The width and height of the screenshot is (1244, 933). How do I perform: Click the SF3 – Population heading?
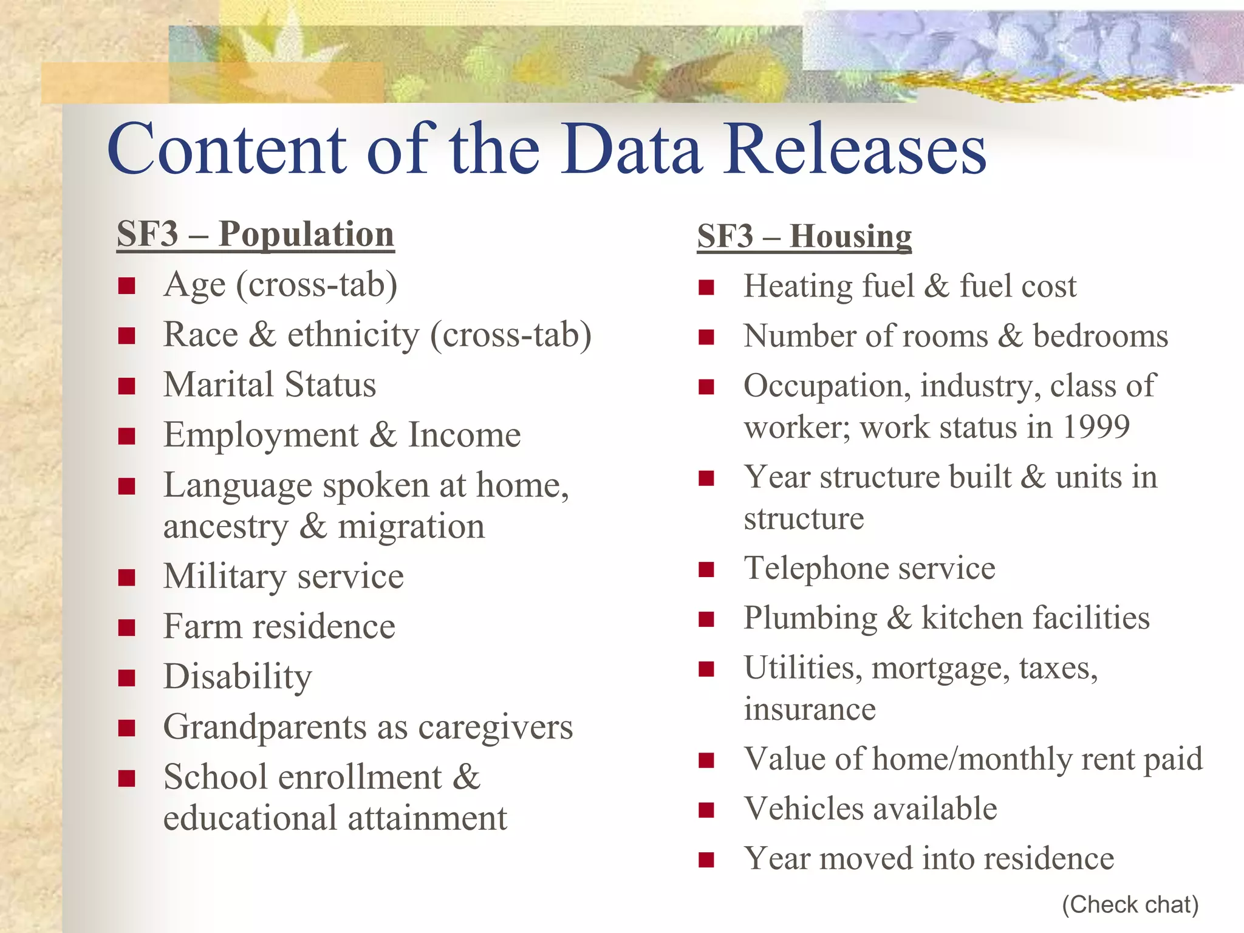[255, 234]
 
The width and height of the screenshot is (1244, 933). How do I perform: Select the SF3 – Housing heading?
[804, 236]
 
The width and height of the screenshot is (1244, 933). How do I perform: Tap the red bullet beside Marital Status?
[126, 386]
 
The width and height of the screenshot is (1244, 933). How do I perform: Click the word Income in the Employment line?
[464, 435]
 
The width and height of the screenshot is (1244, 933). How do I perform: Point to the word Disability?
[238, 677]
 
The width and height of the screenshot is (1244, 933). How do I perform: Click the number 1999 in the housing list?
[1096, 426]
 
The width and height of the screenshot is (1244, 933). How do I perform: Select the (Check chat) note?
[1130, 904]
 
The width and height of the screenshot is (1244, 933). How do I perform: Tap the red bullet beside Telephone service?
[706, 569]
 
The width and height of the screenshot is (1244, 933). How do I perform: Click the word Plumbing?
[810, 618]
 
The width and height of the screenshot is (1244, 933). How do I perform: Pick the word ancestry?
[225, 527]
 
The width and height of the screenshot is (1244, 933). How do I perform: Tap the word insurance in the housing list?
[810, 709]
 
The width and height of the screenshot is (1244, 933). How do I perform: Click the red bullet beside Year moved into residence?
[706, 860]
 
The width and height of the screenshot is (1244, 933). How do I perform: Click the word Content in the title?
[227, 149]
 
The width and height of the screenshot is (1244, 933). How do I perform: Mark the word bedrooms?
[1100, 336]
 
